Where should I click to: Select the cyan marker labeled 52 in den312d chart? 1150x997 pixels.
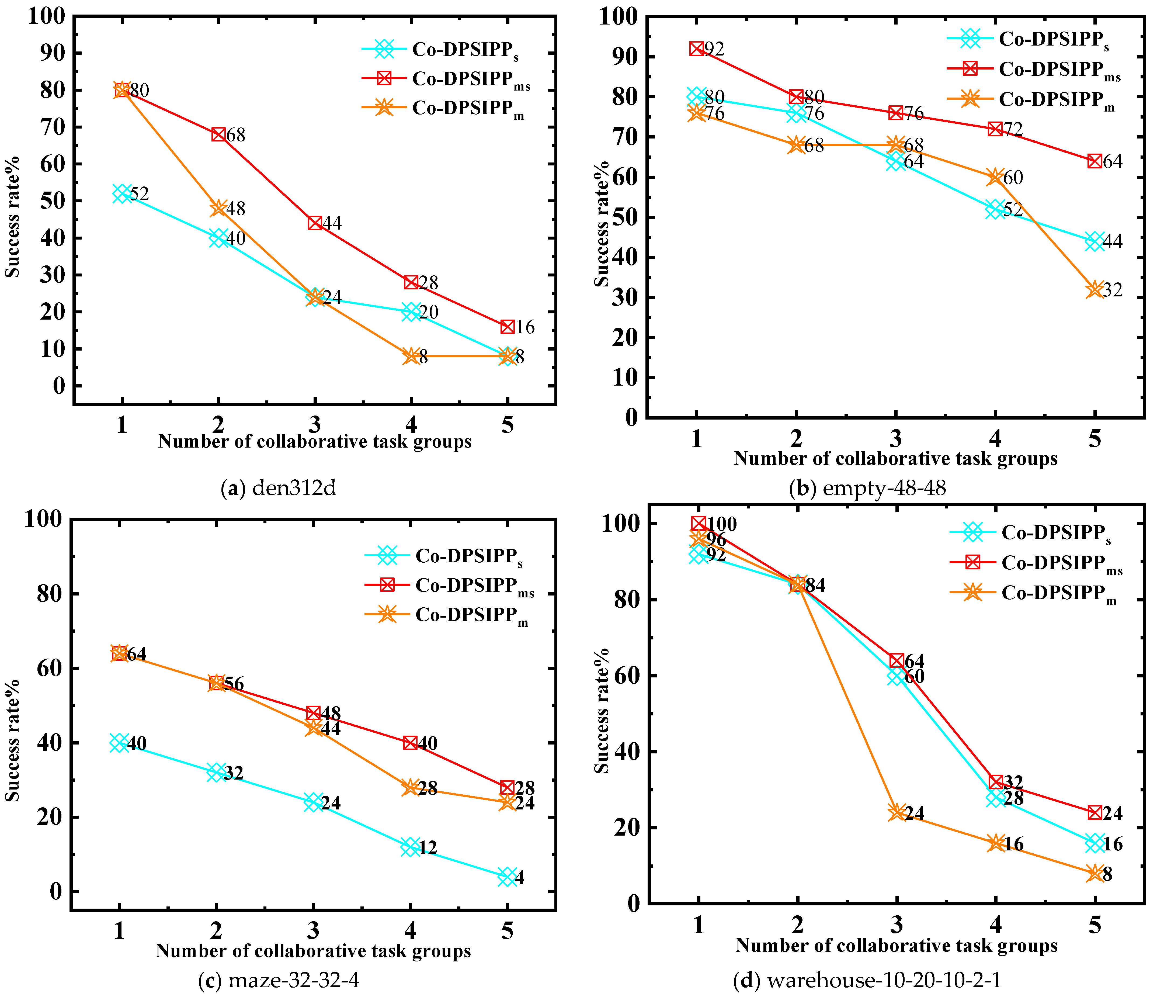pos(122,194)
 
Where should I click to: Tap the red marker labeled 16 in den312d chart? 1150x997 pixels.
pos(507,327)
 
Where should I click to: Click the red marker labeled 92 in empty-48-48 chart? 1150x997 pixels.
pos(697,49)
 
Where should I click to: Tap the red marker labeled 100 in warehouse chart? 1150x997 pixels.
pos(699,524)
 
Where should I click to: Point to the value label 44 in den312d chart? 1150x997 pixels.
pos(332,223)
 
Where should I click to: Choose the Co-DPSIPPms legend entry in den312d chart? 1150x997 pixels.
pos(470,79)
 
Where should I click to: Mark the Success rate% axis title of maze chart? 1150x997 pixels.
pos(12,740)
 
